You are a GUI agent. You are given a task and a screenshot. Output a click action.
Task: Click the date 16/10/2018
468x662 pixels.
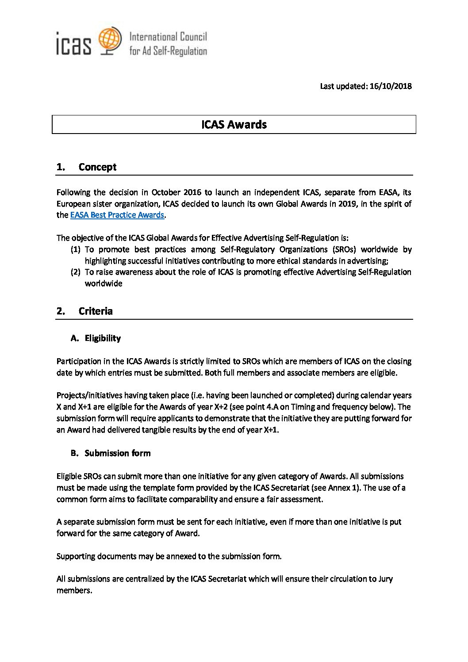point(391,86)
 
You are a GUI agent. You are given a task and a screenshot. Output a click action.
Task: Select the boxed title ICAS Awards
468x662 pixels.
point(234,125)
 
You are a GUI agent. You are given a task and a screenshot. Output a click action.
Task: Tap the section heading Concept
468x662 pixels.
point(97,167)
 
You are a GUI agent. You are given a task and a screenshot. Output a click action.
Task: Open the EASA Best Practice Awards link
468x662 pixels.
point(117,215)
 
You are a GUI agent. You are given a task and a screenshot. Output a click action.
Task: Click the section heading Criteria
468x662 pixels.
point(96,311)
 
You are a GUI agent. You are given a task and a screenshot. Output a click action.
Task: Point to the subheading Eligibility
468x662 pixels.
point(103,338)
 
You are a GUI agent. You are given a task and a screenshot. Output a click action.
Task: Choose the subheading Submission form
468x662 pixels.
point(117,453)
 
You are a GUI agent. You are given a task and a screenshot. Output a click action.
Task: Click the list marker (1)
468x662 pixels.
point(75,249)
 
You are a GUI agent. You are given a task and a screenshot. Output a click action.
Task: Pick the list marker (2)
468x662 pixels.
point(75,272)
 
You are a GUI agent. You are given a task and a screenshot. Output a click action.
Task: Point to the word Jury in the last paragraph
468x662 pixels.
point(385,579)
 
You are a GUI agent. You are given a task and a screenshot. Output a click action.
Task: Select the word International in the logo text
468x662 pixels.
point(153,37)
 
